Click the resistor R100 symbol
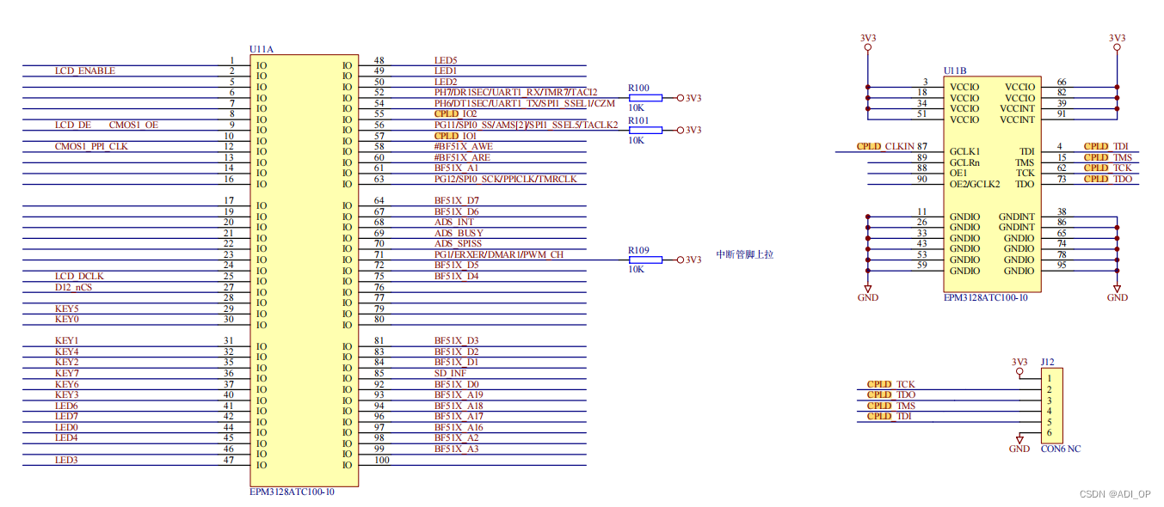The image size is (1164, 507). click(x=645, y=98)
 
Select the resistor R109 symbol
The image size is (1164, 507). click(x=645, y=260)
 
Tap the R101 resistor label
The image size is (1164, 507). click(x=638, y=120)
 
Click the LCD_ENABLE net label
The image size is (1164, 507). click(x=84, y=71)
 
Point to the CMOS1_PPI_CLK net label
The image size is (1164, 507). click(x=91, y=147)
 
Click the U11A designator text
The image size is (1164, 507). click(x=262, y=50)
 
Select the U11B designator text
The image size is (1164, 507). click(x=955, y=70)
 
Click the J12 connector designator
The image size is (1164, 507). click(x=1047, y=363)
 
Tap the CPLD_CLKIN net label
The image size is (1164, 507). click(x=885, y=147)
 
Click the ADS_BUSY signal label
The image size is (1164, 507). click(x=459, y=233)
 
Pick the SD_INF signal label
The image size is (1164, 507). click(x=450, y=373)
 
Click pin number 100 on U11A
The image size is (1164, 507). click(x=381, y=460)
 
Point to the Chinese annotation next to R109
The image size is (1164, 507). click(x=745, y=254)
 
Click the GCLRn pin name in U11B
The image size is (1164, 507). click(x=964, y=162)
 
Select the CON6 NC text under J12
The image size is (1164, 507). click(x=1061, y=449)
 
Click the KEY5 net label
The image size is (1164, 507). click(x=67, y=308)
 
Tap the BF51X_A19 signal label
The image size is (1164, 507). click(x=459, y=394)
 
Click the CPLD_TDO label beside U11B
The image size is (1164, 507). click(x=1107, y=179)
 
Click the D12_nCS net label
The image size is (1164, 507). click(x=73, y=287)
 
